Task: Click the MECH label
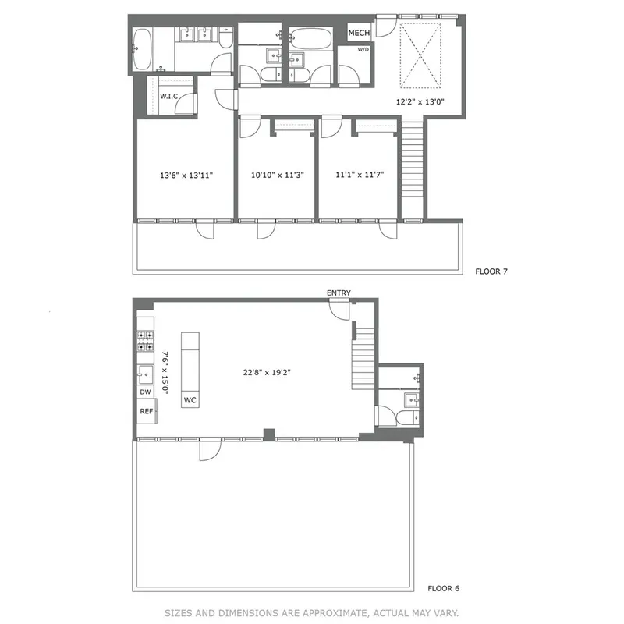pyautogui.click(x=359, y=33)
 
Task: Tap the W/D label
pyautogui.click(x=363, y=49)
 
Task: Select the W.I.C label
pyautogui.click(x=169, y=96)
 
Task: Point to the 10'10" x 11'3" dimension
pyautogui.click(x=277, y=175)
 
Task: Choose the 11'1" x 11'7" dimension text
pyautogui.click(x=356, y=175)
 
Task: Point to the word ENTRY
pyautogui.click(x=339, y=293)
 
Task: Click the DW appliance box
pyautogui.click(x=145, y=392)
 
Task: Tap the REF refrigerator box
pyautogui.click(x=146, y=410)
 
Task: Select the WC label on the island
pyautogui.click(x=190, y=400)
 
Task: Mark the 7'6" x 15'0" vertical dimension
pyautogui.click(x=165, y=373)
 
